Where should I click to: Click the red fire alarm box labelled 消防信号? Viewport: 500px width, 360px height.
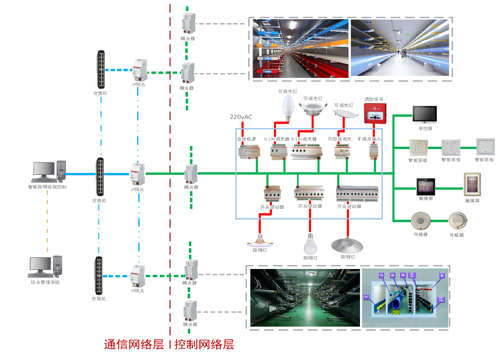pos(375,114)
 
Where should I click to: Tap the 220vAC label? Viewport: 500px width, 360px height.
pos(241,117)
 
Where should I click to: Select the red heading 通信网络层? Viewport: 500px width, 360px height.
pos(134,344)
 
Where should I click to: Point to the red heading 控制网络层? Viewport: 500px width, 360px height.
pos(204,344)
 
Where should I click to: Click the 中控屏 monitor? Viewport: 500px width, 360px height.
pos(425,115)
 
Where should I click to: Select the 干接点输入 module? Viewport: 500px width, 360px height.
pos(374,152)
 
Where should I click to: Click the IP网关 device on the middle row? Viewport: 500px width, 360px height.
pos(137,174)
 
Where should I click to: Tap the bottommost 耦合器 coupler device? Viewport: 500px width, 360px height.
pos(190,311)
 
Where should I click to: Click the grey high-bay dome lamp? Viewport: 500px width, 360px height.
pos(347,245)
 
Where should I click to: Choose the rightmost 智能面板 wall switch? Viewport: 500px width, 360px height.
pos(485,147)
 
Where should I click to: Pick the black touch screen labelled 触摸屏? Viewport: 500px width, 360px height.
pos(426,187)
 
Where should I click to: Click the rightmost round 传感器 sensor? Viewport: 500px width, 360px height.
pos(457,221)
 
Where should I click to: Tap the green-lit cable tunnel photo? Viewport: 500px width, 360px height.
pos(305,298)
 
